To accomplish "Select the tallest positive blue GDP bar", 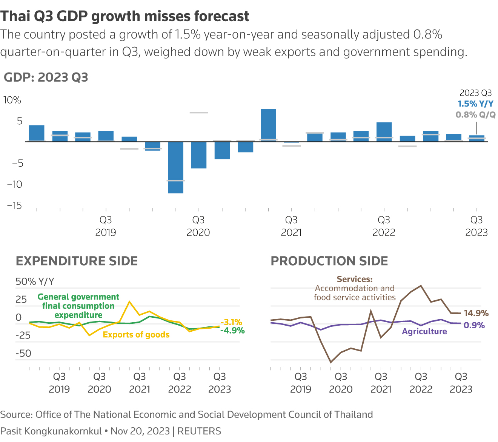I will (268, 125).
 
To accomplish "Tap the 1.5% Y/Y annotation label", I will (475, 104).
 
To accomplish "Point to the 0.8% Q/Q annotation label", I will (475, 115).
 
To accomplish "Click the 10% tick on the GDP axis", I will (12, 100).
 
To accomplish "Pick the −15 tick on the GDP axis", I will (14, 206).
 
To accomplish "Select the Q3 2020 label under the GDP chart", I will (198, 226).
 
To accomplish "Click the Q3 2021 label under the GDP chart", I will (291, 226).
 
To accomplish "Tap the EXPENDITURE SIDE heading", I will (77, 261).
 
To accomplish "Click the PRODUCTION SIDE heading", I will (329, 261).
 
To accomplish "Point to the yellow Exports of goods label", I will (136, 335).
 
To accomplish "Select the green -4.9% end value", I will (232, 331).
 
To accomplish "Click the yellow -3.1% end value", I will (231, 322).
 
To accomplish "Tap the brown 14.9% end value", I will (476, 313).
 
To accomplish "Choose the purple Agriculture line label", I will (424, 332).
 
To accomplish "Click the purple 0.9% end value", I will (474, 325).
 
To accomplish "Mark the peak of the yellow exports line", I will (129, 301).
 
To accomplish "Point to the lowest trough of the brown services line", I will (331, 362).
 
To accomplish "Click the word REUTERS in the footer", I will (199, 431).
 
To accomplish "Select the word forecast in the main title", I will (221, 16).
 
